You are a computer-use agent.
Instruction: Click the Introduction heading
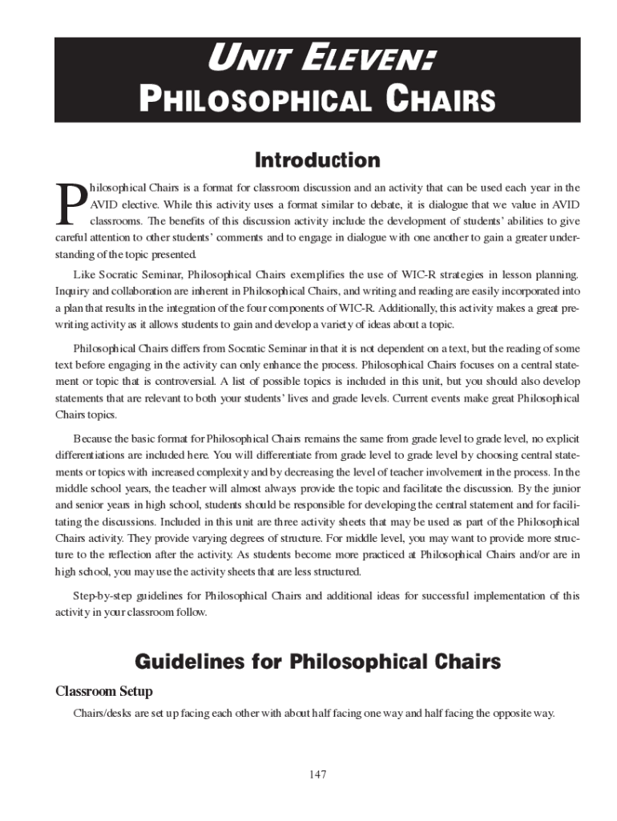(317, 160)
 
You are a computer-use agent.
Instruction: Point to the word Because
(93, 439)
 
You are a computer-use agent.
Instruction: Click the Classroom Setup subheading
(103, 691)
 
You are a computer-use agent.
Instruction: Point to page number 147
(317, 774)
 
